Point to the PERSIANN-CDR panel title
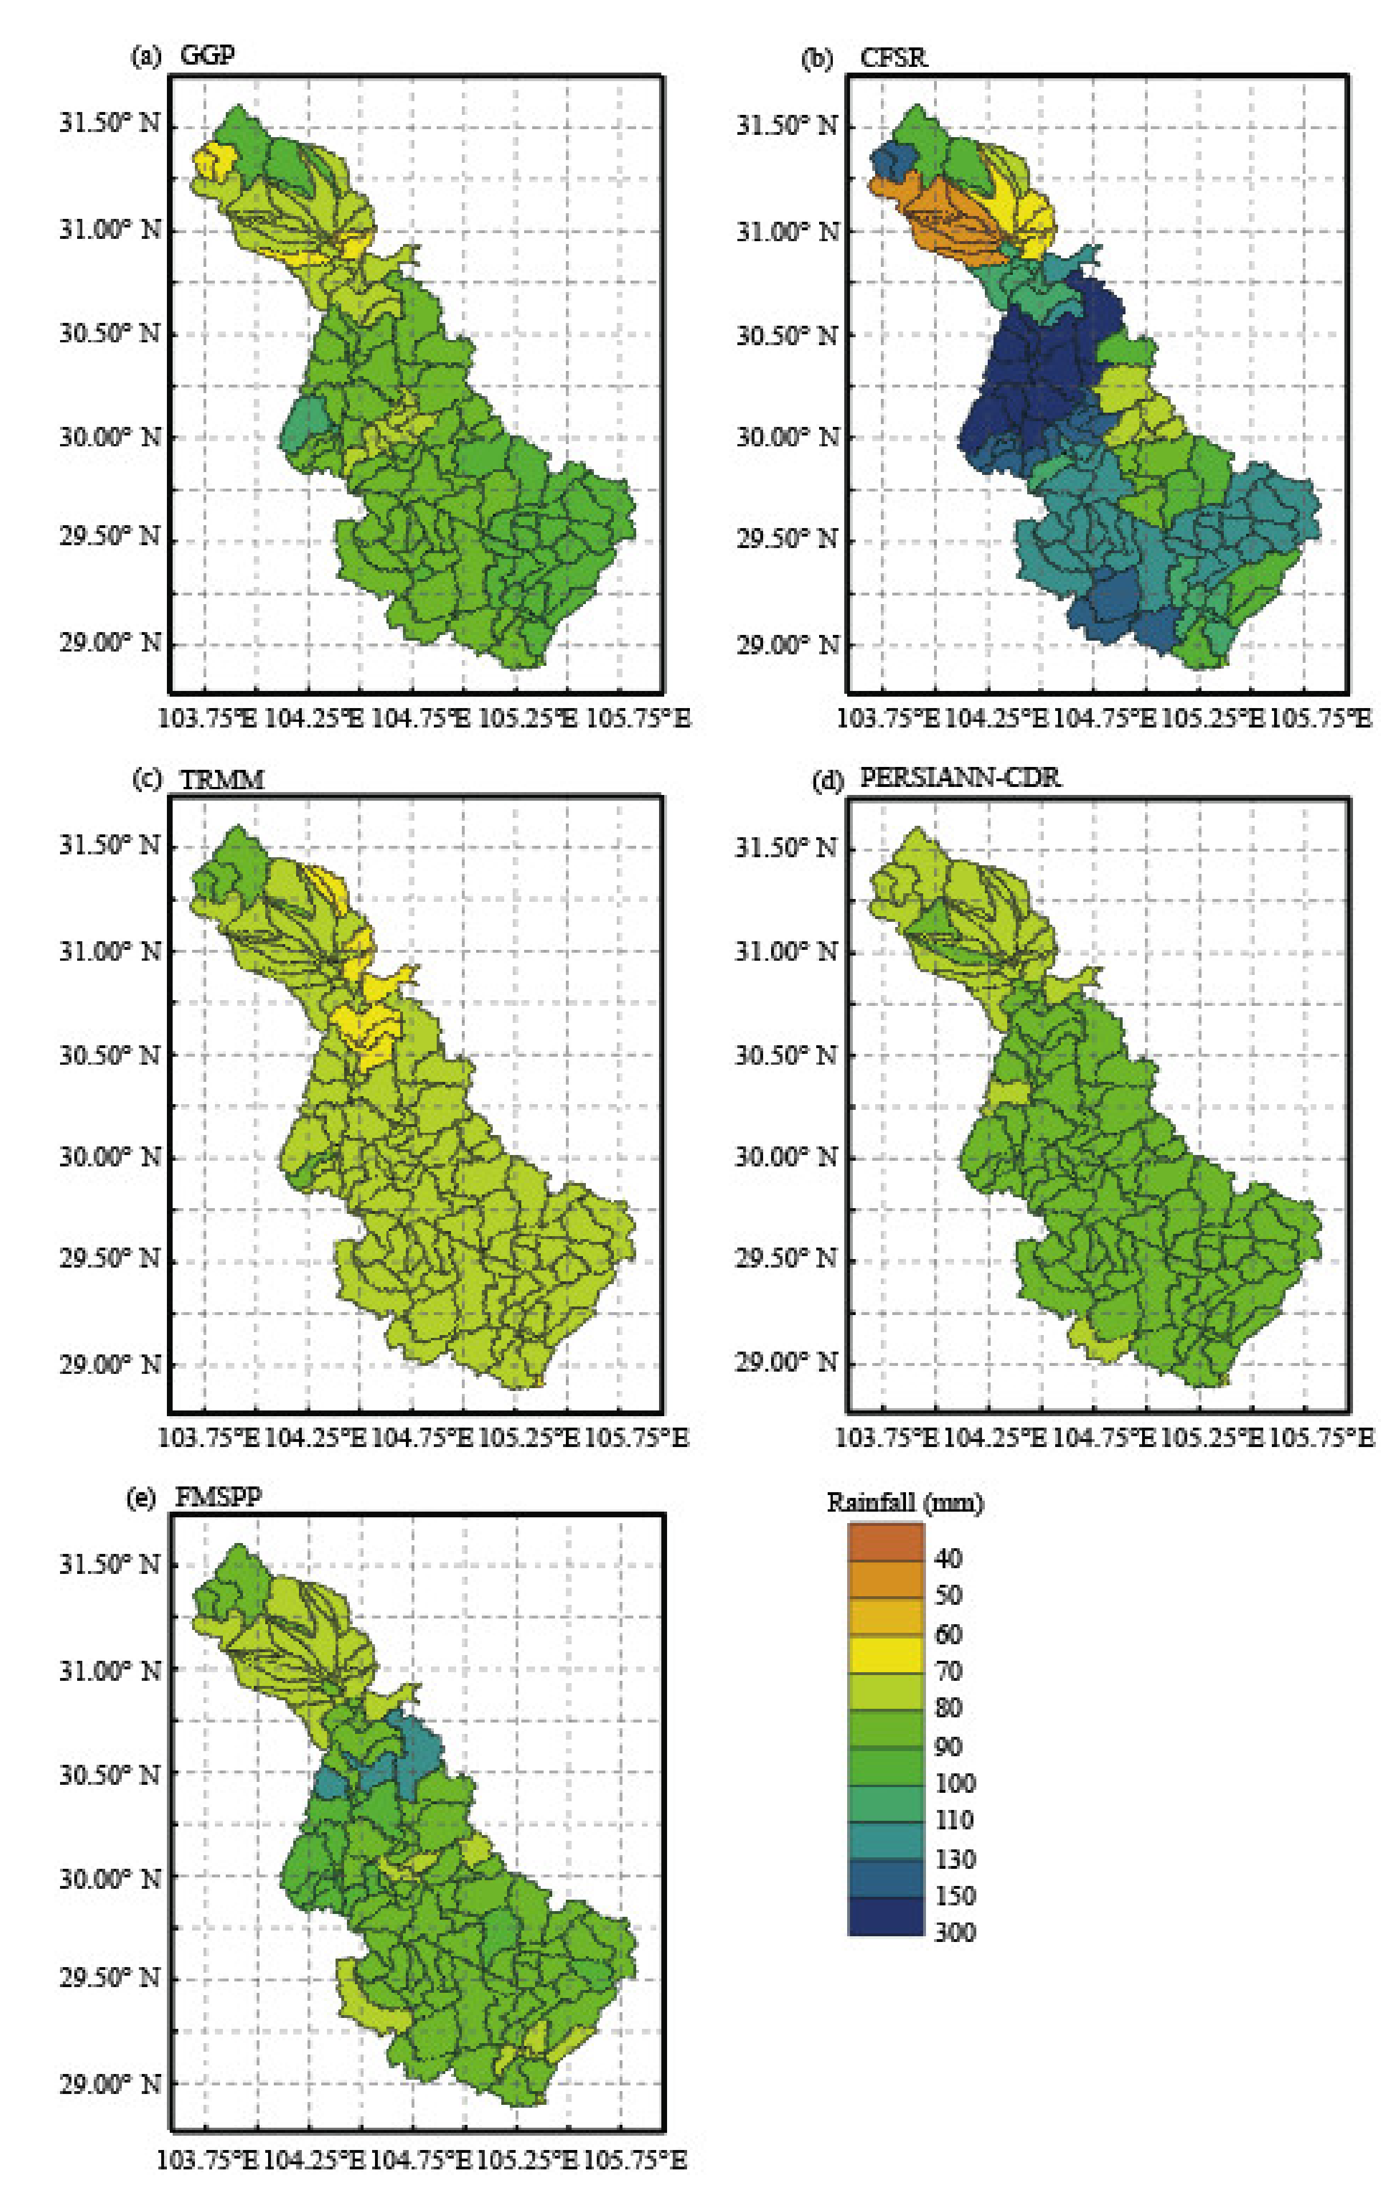pos(959,778)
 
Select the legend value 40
pos(948,1557)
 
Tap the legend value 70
pos(948,1671)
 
